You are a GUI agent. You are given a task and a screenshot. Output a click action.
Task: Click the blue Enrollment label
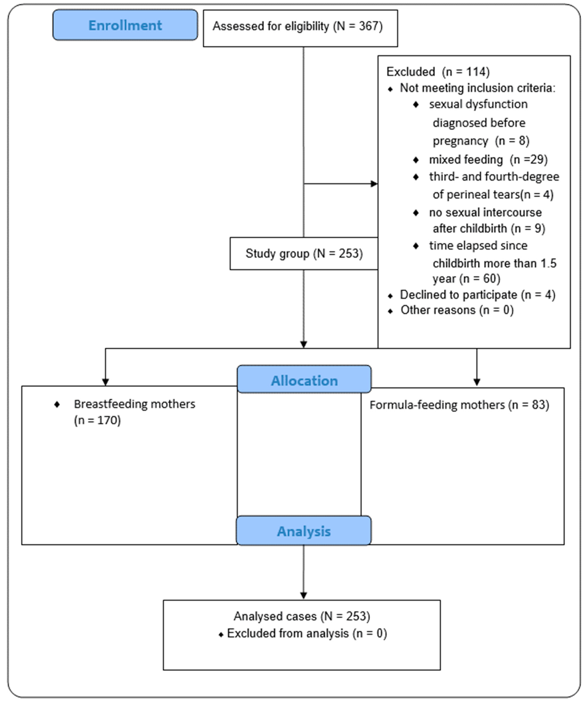(x=125, y=25)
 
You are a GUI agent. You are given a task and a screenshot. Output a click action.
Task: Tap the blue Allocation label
(x=304, y=381)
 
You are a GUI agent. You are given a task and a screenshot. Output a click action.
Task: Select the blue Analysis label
(x=304, y=531)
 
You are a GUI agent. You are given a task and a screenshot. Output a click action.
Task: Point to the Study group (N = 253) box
(x=304, y=253)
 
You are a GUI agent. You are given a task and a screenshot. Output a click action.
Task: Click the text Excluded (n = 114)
(x=438, y=72)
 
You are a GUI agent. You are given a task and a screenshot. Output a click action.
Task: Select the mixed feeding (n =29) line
(x=488, y=160)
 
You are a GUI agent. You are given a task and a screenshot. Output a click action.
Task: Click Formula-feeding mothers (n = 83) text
(x=459, y=405)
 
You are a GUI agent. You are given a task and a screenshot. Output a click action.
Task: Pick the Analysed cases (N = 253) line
(x=302, y=616)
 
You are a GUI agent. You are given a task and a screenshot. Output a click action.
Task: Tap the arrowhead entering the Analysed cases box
(x=303, y=596)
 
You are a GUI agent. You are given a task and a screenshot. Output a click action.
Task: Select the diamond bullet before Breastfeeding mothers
(x=57, y=404)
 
